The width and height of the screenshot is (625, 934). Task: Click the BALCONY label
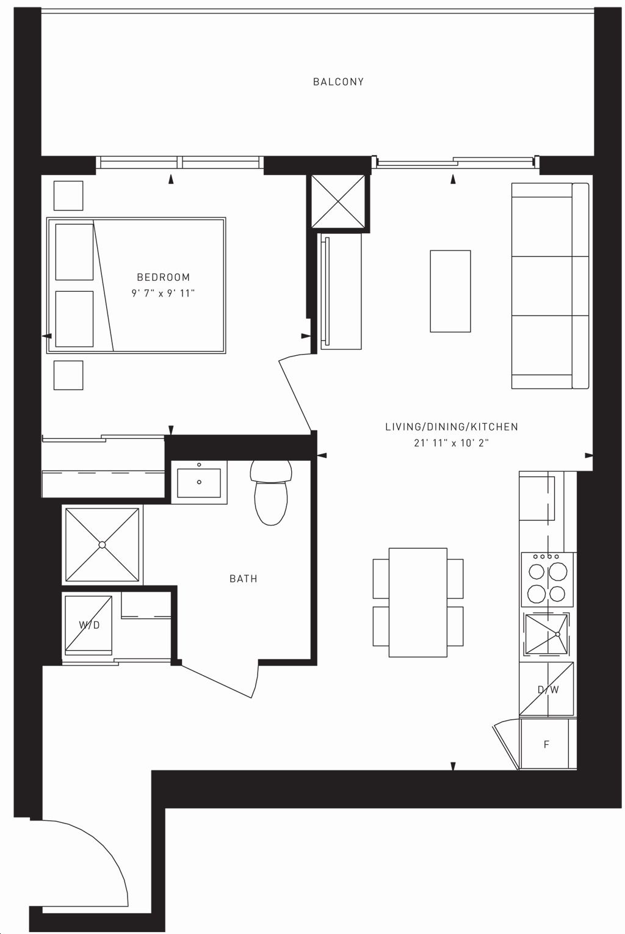click(x=338, y=82)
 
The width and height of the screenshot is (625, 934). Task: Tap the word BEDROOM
click(x=164, y=277)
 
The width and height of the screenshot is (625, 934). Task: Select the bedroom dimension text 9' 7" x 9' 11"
click(x=164, y=294)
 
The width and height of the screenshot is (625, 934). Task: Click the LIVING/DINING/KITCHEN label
click(x=452, y=427)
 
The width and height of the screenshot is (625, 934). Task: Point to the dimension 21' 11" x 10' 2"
click(x=451, y=443)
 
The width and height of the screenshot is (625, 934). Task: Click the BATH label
click(x=244, y=579)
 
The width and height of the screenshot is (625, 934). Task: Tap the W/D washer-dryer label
click(x=89, y=625)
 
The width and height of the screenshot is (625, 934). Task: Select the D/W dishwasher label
click(x=548, y=690)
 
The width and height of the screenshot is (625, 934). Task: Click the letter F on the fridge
click(x=547, y=744)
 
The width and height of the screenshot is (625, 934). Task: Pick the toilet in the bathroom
click(x=271, y=492)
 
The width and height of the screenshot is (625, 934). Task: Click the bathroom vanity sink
click(x=199, y=482)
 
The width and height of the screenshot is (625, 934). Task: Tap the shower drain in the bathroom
click(x=102, y=545)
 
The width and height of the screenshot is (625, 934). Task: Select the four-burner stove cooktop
click(x=547, y=579)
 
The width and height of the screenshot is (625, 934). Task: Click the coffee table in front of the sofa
click(x=450, y=291)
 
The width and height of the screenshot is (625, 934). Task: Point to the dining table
click(x=417, y=603)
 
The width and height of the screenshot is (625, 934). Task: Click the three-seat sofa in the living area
click(x=550, y=286)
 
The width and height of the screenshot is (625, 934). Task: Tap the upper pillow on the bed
click(x=74, y=252)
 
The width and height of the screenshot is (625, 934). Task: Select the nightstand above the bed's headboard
click(x=68, y=195)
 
